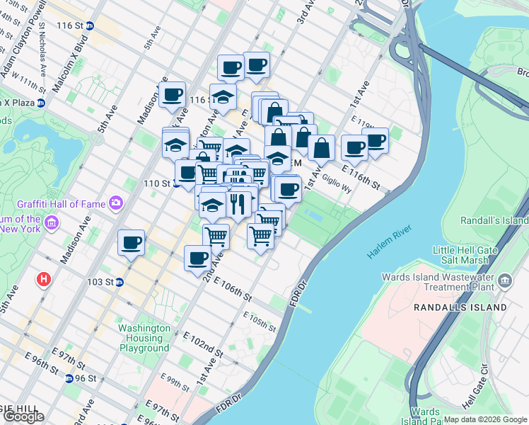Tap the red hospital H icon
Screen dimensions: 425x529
pos(45,279)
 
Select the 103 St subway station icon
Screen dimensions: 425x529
pos(120,281)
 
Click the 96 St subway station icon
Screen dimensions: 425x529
pos(69,378)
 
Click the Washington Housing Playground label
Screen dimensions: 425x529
pos(144,338)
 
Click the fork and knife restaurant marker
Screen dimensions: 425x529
pos(238,203)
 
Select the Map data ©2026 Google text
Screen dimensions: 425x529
pos(485,419)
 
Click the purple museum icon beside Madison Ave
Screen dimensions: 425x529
pos(50,225)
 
